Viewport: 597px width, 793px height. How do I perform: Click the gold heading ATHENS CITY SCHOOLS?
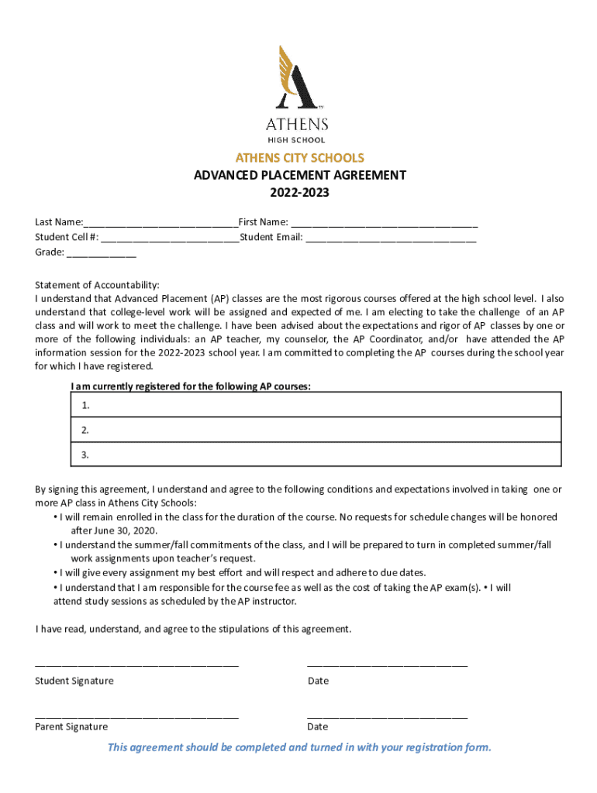point(299,158)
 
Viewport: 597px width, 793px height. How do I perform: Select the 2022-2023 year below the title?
point(299,193)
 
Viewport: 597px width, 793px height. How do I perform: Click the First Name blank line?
point(385,224)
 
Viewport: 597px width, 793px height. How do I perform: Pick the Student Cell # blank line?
point(170,239)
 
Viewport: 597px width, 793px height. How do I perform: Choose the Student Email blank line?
point(391,239)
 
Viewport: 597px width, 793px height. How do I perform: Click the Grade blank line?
point(102,253)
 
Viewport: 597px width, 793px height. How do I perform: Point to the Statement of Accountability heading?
point(97,285)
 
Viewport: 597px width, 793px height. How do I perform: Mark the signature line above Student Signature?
point(136,664)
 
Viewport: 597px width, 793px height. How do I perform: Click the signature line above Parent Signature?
point(136,718)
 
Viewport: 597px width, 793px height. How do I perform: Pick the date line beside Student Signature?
point(387,664)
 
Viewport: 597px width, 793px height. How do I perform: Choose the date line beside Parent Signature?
point(387,718)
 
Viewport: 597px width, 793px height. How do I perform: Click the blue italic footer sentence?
point(299,747)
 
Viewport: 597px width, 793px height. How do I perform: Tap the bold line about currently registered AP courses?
point(191,386)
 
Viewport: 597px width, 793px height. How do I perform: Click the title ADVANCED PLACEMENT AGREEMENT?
point(299,176)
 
